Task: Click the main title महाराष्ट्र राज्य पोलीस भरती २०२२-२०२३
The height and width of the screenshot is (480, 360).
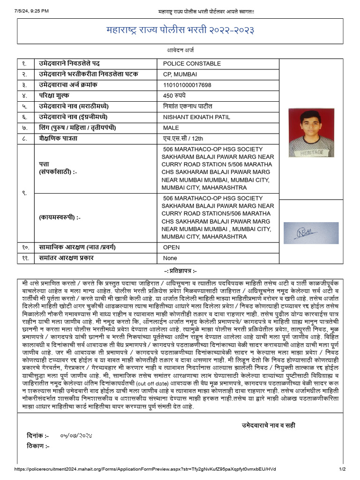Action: [180, 30]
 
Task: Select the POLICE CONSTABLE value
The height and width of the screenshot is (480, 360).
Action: [192, 64]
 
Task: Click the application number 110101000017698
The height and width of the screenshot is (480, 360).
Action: [187, 85]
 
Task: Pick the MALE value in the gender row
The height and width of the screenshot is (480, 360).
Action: [171, 128]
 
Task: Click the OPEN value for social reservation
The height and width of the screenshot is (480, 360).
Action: [171, 247]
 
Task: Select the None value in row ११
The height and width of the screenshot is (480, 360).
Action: [170, 258]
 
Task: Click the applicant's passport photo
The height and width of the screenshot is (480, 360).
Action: [311, 133]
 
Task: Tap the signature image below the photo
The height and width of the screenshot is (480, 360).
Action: [311, 232]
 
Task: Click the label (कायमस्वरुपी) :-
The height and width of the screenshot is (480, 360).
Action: [60, 218]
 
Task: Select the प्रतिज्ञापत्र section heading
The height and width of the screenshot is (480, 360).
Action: [180, 271]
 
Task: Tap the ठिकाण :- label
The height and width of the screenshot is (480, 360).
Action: [38, 446]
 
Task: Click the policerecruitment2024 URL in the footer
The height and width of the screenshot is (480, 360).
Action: [145, 469]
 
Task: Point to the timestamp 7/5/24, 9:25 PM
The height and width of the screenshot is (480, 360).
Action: [31, 11]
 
